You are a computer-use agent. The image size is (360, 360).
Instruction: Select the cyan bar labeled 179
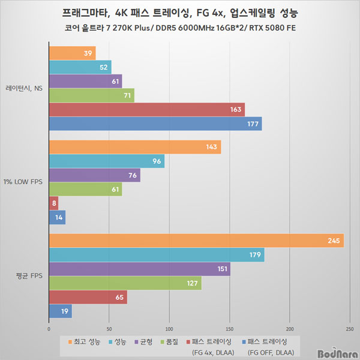click(156, 255)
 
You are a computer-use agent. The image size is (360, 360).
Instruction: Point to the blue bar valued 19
click(60, 311)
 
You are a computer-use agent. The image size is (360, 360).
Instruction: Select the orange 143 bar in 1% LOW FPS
click(134, 147)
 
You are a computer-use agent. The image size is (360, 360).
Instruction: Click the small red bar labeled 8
click(53, 203)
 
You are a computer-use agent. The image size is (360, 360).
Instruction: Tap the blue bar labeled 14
click(56, 217)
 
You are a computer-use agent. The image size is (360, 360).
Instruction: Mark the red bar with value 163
click(146, 110)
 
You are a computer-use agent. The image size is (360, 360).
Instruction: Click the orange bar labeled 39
click(72, 53)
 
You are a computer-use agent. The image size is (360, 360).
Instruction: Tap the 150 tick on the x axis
click(230, 329)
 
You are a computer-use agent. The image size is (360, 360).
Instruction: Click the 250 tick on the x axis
click(350, 329)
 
